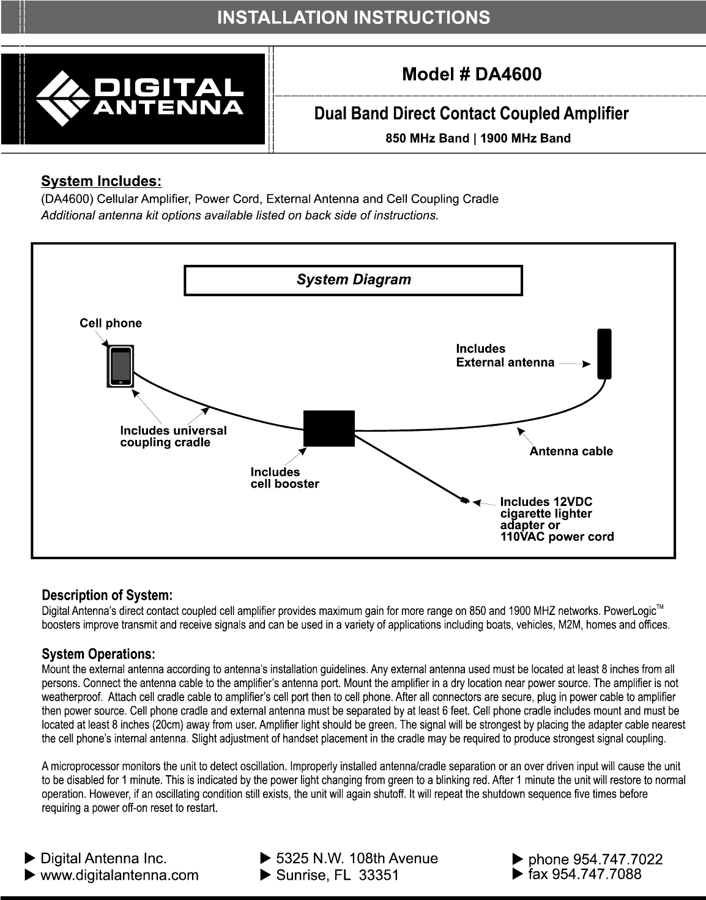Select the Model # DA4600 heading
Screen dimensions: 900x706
[x=471, y=75]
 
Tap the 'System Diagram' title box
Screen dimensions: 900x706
[x=354, y=280]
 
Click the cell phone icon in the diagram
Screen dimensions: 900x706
[x=121, y=367]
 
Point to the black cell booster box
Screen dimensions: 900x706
[x=329, y=428]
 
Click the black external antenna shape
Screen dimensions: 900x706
[x=604, y=354]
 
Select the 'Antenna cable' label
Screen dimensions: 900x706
[x=571, y=452]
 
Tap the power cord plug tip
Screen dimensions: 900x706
[x=465, y=502]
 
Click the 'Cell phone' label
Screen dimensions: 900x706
[x=111, y=324]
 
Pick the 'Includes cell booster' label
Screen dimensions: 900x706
[x=284, y=478]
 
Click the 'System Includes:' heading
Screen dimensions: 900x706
[x=101, y=182]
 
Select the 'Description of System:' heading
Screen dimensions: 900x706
[x=107, y=595]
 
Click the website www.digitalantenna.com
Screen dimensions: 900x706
[x=119, y=875]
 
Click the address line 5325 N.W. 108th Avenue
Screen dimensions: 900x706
[x=357, y=858]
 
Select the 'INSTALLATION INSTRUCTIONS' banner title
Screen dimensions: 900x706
[x=354, y=17]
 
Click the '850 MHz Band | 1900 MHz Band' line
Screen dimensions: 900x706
[x=478, y=138]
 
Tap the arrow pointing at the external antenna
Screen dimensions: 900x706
[x=574, y=363]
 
